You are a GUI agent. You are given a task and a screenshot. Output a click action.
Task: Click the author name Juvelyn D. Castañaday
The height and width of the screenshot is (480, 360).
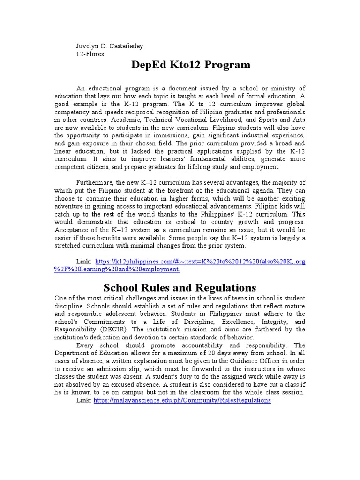[110, 46]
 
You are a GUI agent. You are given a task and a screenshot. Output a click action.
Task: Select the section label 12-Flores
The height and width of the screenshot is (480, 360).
[90, 54]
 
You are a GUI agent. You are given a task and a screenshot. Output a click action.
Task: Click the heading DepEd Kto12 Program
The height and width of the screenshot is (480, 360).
[190, 65]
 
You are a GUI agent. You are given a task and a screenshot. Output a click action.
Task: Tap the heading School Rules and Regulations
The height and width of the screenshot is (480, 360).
[180, 287]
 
